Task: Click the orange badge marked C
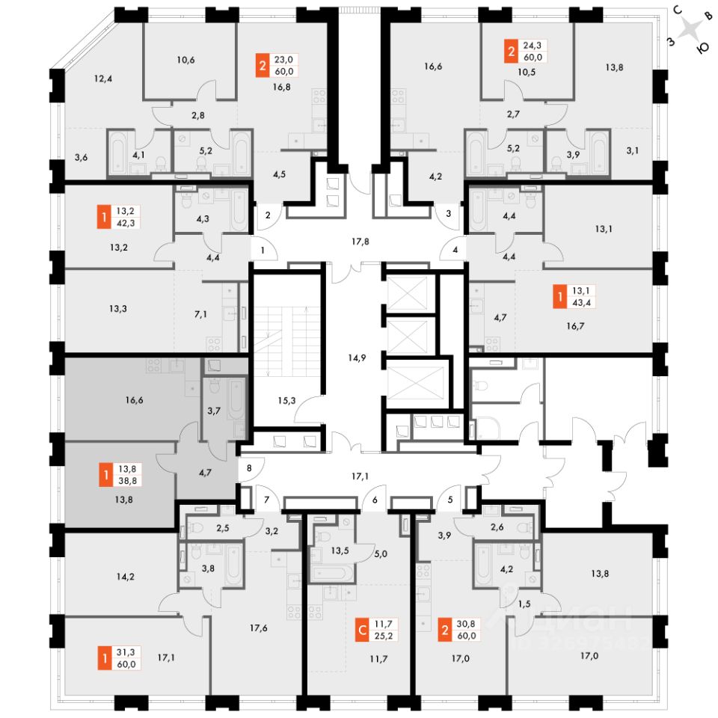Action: point(363,630)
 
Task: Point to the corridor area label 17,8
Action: point(360,242)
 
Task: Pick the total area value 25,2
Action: point(387,637)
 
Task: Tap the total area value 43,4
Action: point(580,302)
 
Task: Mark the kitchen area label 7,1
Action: point(200,315)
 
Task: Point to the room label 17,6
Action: point(259,628)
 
